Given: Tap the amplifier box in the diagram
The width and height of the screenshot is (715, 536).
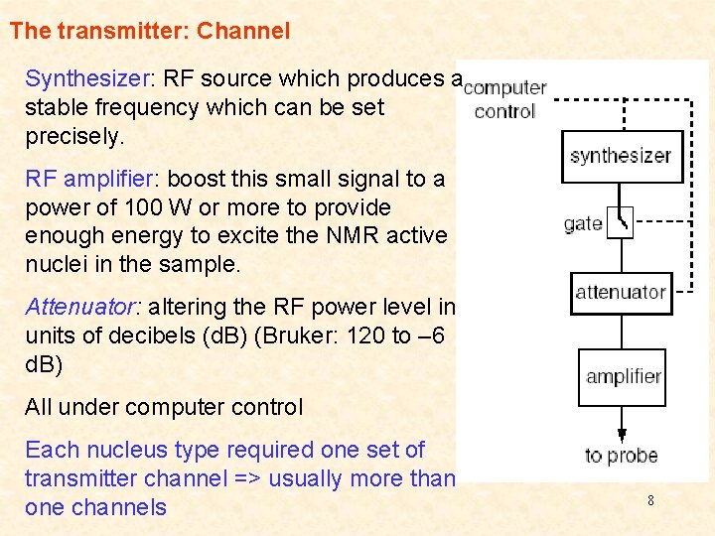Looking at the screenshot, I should tap(623, 376).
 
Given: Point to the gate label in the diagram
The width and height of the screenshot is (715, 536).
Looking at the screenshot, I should tap(583, 223).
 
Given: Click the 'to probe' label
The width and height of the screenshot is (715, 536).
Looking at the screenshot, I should tap(622, 456).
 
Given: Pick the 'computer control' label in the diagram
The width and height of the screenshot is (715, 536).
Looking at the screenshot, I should tap(504, 99).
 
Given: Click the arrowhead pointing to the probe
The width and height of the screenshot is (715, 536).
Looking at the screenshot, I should tap(622, 434).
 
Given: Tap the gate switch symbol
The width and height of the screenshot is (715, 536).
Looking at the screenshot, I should tap(621, 221).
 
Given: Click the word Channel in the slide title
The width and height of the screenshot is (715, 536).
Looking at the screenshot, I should tap(243, 31).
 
